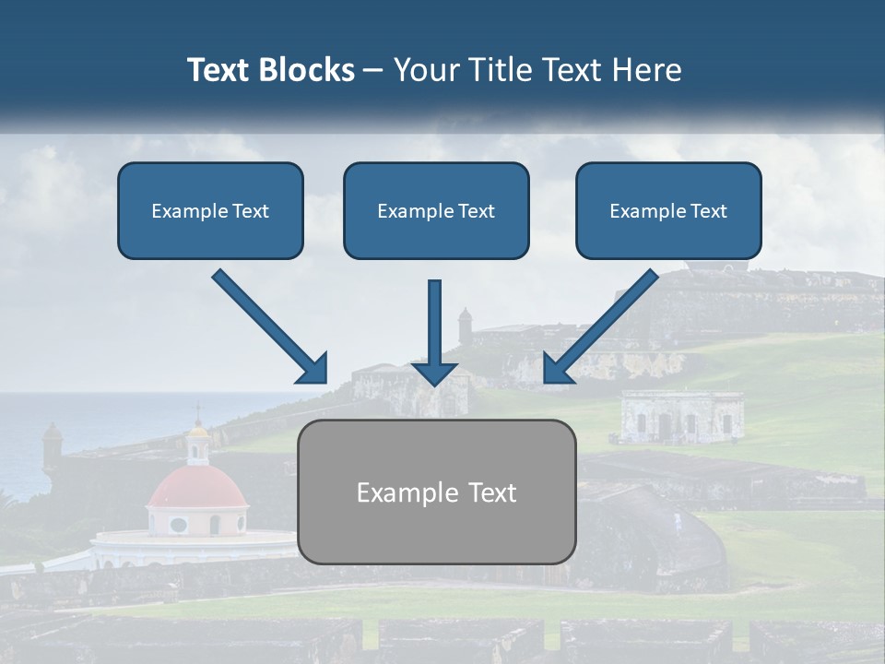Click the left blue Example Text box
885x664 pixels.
point(210,210)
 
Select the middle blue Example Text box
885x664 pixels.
point(436,210)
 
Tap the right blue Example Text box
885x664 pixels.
point(668,210)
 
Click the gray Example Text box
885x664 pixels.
point(436,492)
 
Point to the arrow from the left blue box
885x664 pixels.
point(270,326)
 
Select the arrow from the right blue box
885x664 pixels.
point(601,326)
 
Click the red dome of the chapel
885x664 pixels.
point(196,487)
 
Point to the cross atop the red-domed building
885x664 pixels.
point(196,410)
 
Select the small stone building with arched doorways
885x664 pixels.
point(682,417)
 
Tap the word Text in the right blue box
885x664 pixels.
point(707,210)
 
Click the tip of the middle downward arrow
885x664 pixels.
point(434,383)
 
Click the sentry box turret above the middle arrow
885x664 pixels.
point(465,324)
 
